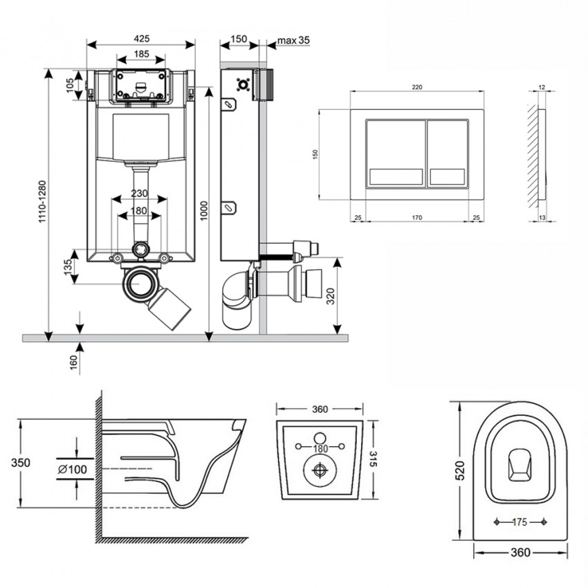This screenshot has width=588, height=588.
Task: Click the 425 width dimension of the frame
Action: (x=141, y=39)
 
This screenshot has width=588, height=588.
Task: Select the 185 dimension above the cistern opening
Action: (x=141, y=54)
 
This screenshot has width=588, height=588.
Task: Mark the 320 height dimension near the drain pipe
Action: (x=331, y=296)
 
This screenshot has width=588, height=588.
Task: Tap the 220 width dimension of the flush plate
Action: (x=417, y=87)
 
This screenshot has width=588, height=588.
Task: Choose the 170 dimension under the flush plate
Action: (x=417, y=218)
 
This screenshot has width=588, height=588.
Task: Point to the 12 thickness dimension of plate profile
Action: (x=541, y=87)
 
